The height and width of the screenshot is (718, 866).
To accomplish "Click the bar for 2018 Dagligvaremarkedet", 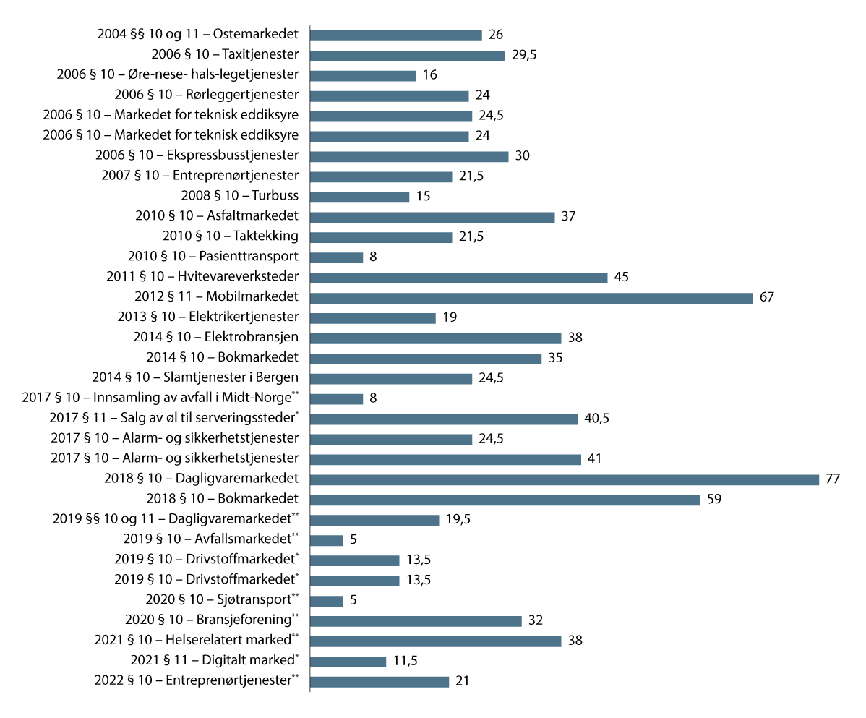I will click(x=564, y=479).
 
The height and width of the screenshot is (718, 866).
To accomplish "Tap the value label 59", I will click(x=715, y=500).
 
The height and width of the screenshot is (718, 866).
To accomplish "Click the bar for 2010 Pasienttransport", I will click(x=336, y=257).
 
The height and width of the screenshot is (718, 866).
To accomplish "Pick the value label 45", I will click(x=622, y=278).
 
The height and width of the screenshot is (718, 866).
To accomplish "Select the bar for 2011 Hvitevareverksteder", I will click(x=458, y=278).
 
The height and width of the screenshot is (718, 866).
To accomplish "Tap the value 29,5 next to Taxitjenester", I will click(x=524, y=55).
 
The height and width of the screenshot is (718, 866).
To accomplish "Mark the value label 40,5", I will click(x=596, y=419).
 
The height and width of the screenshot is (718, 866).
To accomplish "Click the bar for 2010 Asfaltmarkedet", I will click(x=432, y=217).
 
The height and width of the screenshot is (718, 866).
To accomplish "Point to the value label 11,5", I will click(x=405, y=661).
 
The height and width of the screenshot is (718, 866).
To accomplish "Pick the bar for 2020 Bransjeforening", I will click(x=416, y=620).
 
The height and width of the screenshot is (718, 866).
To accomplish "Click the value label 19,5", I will click(x=458, y=520).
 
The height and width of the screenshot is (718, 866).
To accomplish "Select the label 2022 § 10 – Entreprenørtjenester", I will click(x=196, y=681).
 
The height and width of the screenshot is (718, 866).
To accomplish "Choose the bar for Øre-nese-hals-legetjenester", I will click(x=363, y=75).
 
